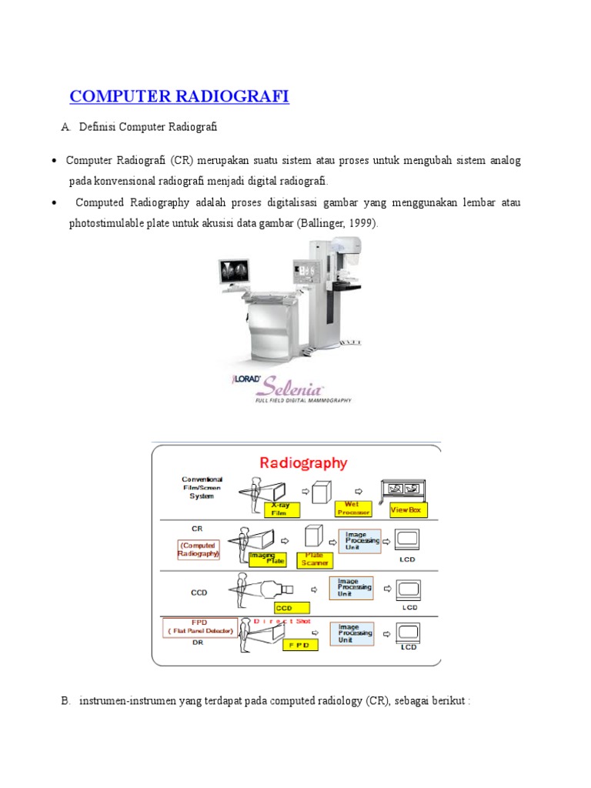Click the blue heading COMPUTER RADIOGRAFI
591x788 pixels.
pyautogui.click(x=179, y=96)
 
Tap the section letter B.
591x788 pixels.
pyautogui.click(x=65, y=701)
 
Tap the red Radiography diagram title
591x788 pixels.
pyautogui.click(x=303, y=462)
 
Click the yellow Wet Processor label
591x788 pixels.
pyautogui.click(x=353, y=508)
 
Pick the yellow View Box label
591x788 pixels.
pyautogui.click(x=406, y=509)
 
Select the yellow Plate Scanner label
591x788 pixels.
pyautogui.click(x=315, y=559)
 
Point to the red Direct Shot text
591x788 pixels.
pyautogui.click(x=282, y=620)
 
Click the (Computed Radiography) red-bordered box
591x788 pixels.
pyautogui.click(x=199, y=549)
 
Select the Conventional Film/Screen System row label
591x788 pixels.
pyautogui.click(x=202, y=487)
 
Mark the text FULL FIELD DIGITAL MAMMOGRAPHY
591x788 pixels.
pyautogui.click(x=303, y=400)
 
